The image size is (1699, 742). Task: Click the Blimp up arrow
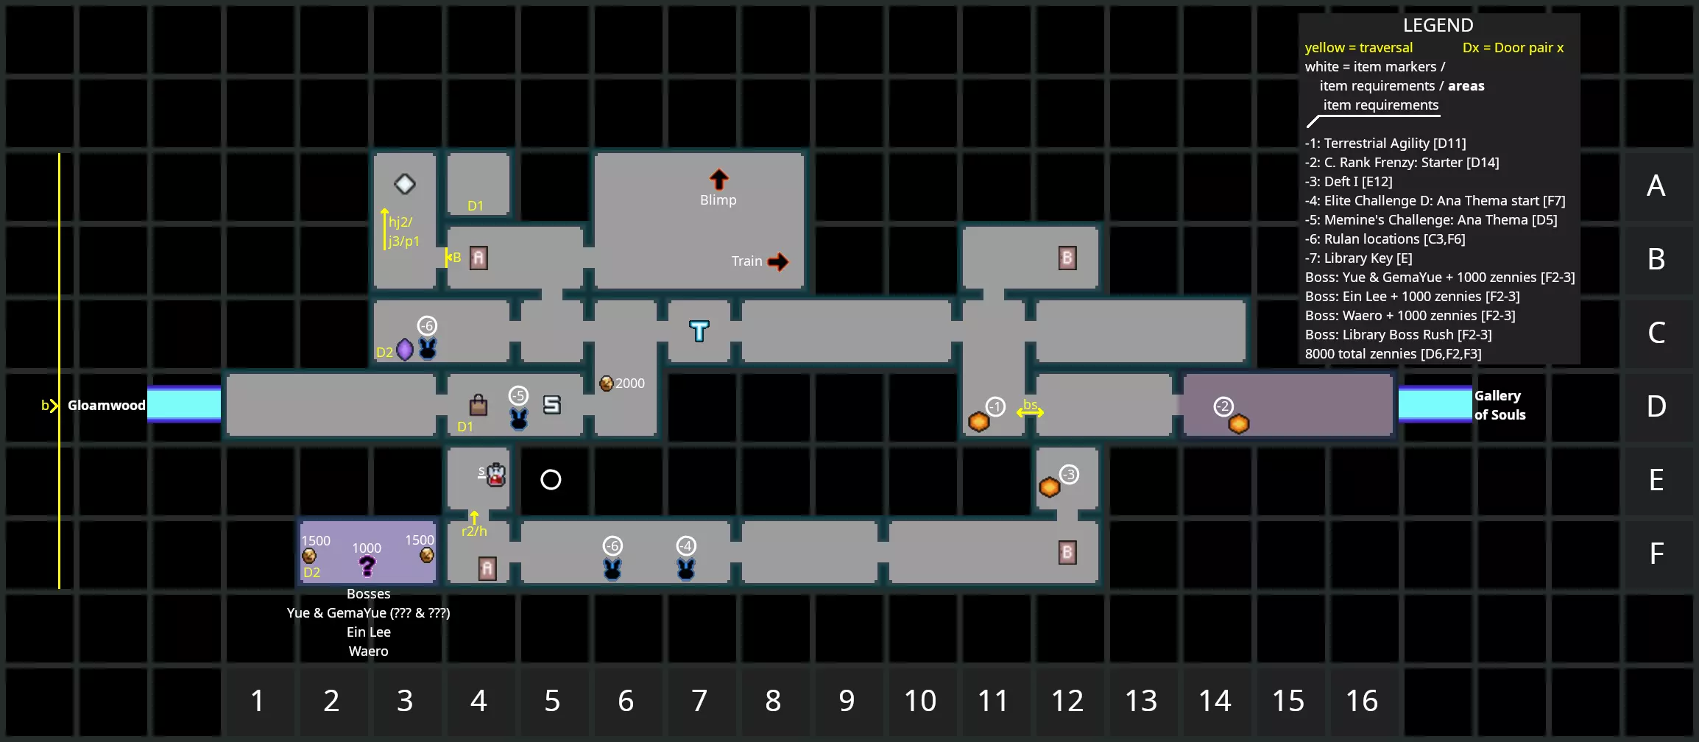tap(718, 180)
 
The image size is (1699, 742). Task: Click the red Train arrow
tap(778, 261)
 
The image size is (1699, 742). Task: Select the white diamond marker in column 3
tap(405, 184)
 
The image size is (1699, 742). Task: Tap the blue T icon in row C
tap(699, 331)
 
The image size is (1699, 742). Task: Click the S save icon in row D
tap(552, 405)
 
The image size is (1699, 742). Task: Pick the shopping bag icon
tap(478, 404)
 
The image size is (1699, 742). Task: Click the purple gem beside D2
tap(405, 350)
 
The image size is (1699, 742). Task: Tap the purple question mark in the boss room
tap(367, 566)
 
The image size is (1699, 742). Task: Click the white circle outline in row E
tap(551, 480)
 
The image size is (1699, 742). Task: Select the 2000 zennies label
tap(630, 384)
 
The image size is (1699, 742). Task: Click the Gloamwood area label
tap(107, 405)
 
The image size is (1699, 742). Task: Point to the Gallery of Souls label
tap(1500, 405)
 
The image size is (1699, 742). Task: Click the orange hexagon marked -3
tap(1050, 487)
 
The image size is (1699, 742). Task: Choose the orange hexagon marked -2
tap(1239, 424)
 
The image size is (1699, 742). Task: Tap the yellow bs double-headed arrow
tap(1030, 412)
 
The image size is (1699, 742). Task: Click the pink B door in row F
tap(1067, 552)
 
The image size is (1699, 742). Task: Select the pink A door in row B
tap(478, 258)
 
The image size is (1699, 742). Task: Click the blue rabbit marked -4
tap(686, 568)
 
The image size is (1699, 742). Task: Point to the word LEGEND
tap(1438, 26)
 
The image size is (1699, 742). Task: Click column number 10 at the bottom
tap(920, 701)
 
